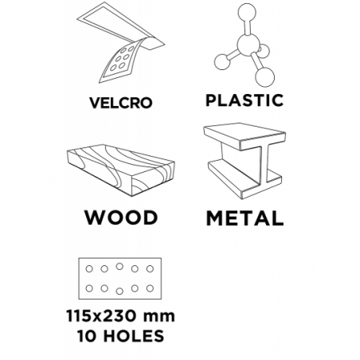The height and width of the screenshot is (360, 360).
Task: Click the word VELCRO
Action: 121,103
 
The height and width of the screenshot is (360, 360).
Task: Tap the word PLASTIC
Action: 245,100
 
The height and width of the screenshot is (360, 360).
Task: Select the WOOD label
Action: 121,217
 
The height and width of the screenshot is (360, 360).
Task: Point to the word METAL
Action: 245,218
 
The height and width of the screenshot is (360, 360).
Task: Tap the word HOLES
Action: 134,336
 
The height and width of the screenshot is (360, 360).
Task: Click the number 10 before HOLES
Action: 87,336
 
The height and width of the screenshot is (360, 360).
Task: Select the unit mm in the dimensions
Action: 159,317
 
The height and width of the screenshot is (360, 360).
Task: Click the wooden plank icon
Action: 121,170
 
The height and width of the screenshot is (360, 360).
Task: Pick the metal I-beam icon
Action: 244,161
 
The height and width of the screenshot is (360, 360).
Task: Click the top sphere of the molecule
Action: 247,12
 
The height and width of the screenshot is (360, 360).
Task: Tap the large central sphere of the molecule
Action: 248,45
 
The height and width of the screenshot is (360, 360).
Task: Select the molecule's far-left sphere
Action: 222,62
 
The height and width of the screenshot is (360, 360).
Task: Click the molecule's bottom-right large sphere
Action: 264,76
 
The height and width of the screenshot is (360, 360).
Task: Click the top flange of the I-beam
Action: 245,136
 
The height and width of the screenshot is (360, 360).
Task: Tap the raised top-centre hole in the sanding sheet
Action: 119,266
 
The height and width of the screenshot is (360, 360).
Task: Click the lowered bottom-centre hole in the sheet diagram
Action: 119,292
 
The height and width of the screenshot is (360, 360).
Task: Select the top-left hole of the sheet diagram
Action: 89,269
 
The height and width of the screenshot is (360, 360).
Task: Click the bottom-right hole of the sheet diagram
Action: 150,288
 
